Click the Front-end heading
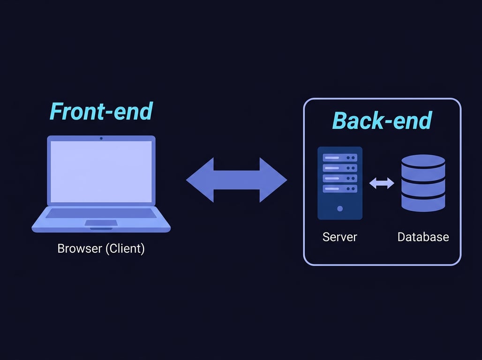coord(101,112)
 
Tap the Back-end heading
coord(382,120)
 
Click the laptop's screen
coord(101,172)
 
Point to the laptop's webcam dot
coord(101,138)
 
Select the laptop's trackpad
coord(101,223)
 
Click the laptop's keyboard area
coord(101,213)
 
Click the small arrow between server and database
coord(382,184)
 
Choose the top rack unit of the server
coord(340,157)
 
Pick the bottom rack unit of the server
coord(340,189)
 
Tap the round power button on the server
coord(340,209)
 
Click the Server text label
coord(340,237)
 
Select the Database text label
coord(423,237)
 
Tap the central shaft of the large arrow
coord(237,180)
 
